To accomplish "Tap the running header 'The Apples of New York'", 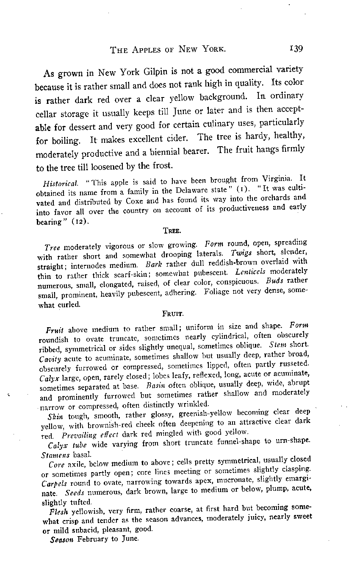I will click(168, 49).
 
